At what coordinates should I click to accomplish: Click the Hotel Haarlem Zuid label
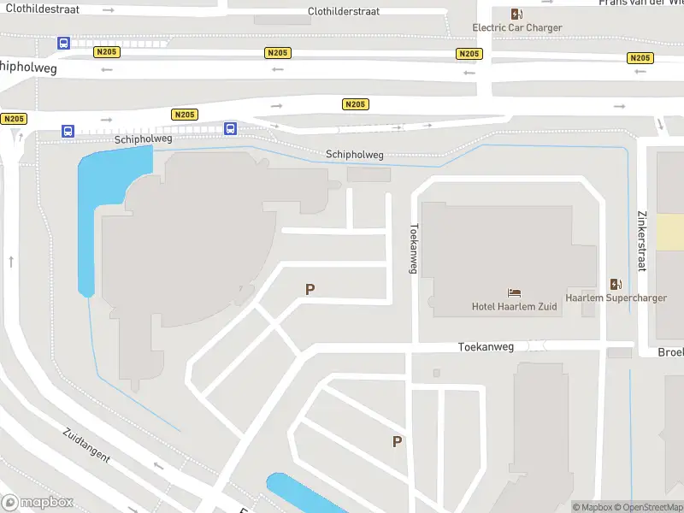pos(515,306)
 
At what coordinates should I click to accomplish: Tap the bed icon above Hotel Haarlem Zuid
pos(515,292)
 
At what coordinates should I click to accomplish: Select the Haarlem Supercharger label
pos(616,298)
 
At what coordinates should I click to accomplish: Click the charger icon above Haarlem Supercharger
pos(616,284)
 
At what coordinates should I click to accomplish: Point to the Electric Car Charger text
pos(517,27)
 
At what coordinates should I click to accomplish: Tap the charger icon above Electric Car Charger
pos(516,13)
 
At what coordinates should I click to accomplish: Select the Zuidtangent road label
pos(86,445)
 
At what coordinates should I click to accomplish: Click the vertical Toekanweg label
pos(413,249)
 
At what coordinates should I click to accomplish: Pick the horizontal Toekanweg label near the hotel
pos(486,347)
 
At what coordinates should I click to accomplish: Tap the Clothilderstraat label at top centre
pos(343,12)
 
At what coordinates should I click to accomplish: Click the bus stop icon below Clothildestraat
pos(63,43)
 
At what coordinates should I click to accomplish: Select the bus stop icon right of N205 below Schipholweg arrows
pos(230,128)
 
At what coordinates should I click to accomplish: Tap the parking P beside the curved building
pos(310,290)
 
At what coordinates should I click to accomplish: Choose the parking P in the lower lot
pos(397,441)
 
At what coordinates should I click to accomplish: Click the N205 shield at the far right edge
pos(640,58)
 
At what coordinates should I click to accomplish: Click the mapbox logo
pos(38,503)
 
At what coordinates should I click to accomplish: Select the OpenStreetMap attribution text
pos(647,507)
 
